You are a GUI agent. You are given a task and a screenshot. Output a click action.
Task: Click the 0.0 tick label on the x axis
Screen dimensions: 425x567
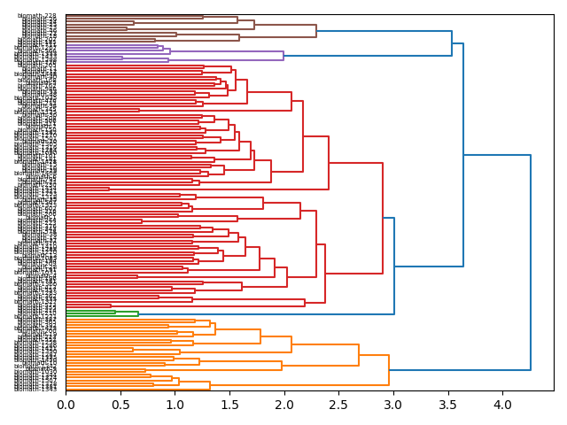click(x=66, y=405)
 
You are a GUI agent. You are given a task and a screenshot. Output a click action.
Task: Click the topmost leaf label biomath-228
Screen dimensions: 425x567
click(x=37, y=16)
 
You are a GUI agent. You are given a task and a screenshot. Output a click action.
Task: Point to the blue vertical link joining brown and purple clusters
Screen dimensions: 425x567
click(x=452, y=43)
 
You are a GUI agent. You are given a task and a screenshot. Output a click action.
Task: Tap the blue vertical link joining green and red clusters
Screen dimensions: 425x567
click(x=394, y=266)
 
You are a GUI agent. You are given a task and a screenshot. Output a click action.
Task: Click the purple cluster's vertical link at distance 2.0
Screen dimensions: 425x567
click(x=283, y=55)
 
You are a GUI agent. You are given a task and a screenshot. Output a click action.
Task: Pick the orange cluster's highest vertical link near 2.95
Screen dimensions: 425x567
click(x=389, y=370)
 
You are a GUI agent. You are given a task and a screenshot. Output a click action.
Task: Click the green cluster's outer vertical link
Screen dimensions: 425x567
click(x=138, y=313)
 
